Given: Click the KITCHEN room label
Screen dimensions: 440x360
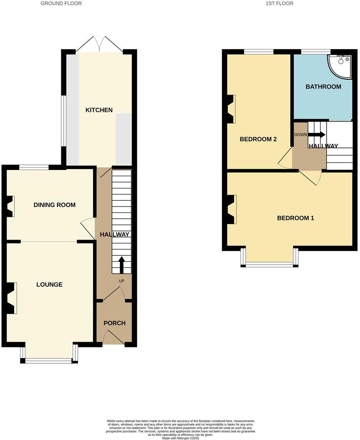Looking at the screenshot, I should tap(99, 110).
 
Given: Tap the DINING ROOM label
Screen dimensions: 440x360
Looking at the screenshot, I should tap(55, 205).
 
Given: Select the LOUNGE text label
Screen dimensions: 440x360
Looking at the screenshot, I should tap(49, 285).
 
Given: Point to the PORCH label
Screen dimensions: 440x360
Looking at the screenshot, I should tap(114, 323).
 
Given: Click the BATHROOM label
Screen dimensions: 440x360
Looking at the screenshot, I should tap(323, 87).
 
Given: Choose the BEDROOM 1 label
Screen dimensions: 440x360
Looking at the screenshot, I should tap(295, 218).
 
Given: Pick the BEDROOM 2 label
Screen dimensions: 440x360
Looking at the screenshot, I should tap(258, 139).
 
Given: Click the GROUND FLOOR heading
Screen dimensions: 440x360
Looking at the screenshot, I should tap(61, 3).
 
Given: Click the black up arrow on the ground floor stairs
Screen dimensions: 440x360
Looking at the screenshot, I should tap(122, 265).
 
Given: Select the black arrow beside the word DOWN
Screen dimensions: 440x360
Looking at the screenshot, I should tap(317, 135).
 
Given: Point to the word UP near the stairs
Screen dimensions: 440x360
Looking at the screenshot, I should tap(122, 281).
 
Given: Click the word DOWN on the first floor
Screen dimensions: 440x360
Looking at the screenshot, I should tap(300, 135).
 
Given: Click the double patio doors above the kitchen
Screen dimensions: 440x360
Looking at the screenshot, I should tap(99, 45).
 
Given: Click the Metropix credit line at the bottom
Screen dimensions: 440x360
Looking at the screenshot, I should tap(180, 438).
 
